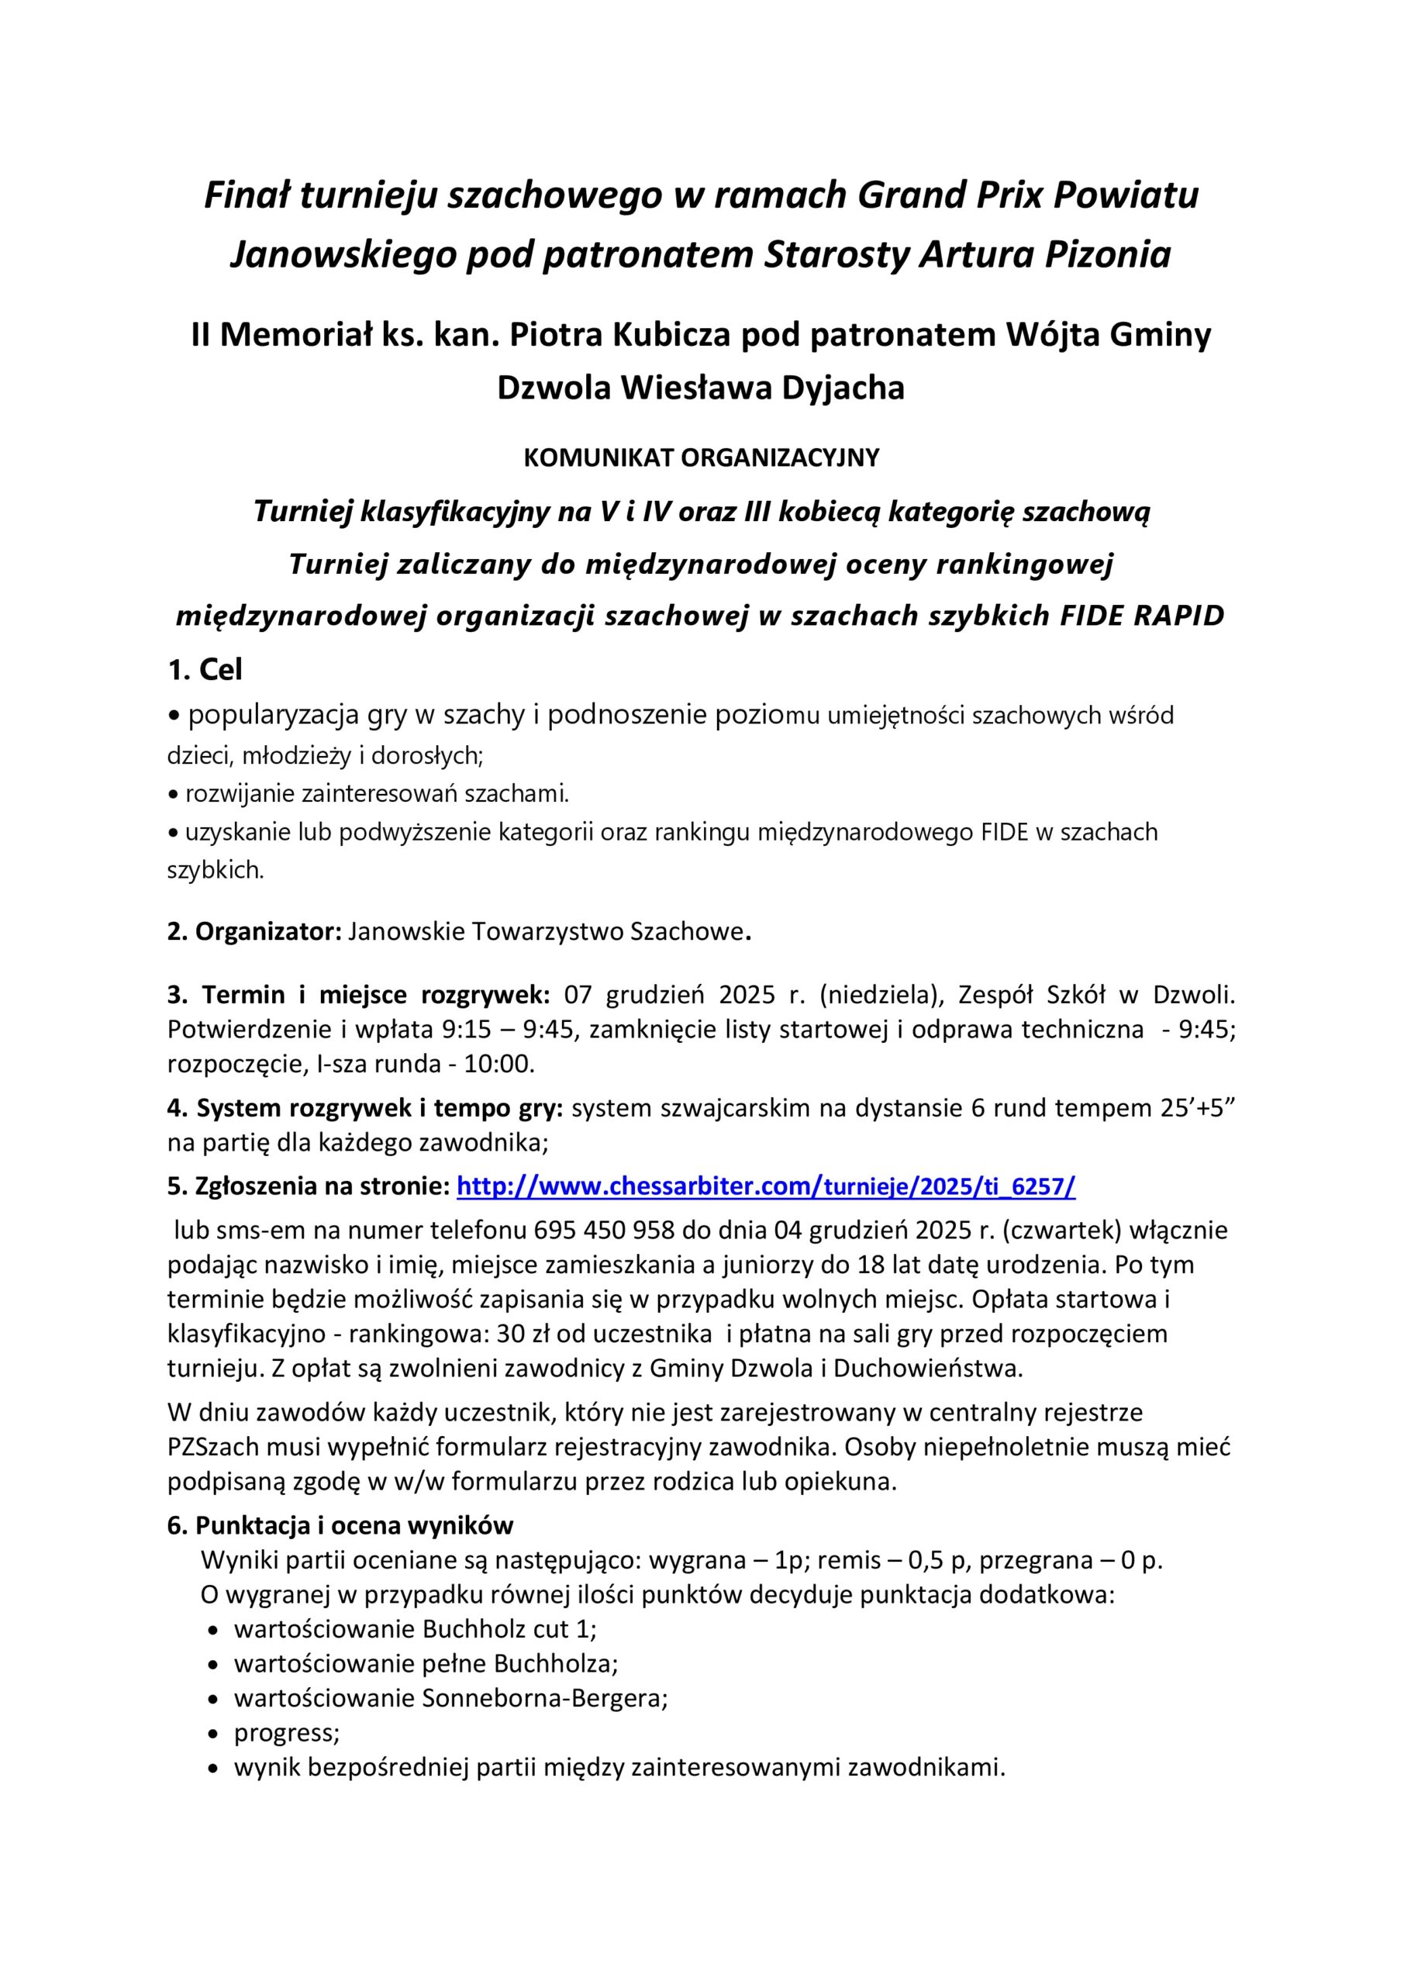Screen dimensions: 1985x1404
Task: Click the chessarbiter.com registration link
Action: pos(765,1186)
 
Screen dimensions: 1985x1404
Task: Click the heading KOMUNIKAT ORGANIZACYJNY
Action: pos(701,458)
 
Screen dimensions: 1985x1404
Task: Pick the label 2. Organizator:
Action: pos(255,932)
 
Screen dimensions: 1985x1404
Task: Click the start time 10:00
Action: pos(498,1065)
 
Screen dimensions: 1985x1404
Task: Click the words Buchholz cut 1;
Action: pos(510,1630)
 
